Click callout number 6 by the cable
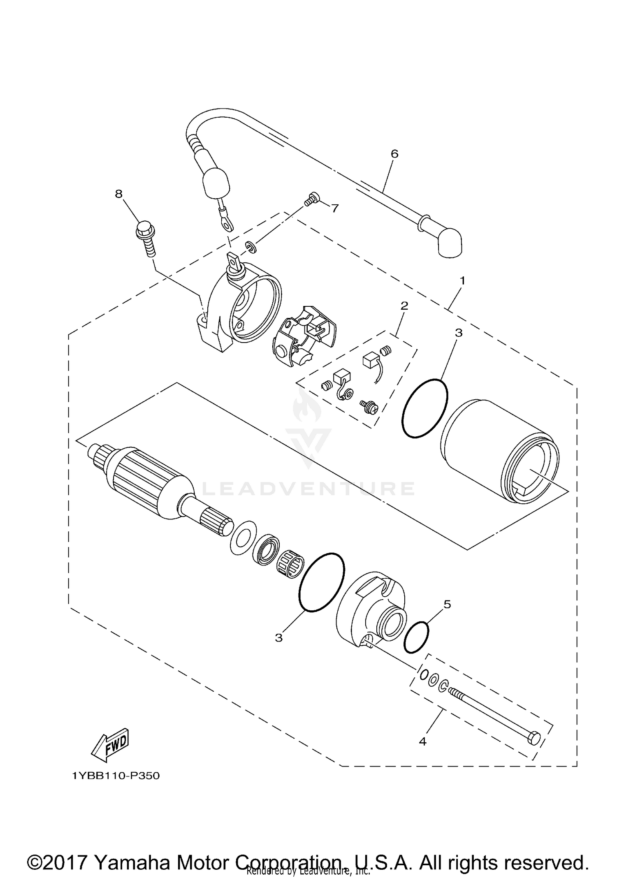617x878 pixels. pyautogui.click(x=394, y=154)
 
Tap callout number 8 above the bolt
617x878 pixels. pyautogui.click(x=119, y=194)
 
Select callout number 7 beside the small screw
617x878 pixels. pyautogui.click(x=335, y=208)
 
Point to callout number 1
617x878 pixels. pyautogui.click(x=462, y=281)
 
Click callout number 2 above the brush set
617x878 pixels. pyautogui.click(x=404, y=306)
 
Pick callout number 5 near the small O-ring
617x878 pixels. pyautogui.click(x=447, y=604)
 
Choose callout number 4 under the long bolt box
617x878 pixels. pyautogui.click(x=422, y=741)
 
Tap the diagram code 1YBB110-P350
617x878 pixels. pyautogui.click(x=116, y=776)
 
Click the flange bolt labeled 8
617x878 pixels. pyautogui.click(x=145, y=237)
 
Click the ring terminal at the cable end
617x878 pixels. pyautogui.click(x=225, y=223)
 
